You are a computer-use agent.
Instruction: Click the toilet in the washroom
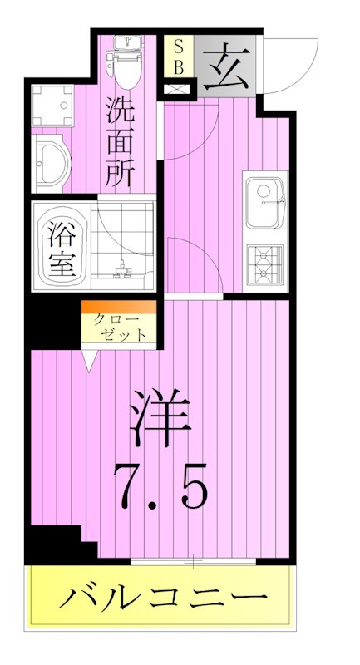click(x=127, y=62)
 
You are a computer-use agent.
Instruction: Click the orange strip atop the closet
click(x=119, y=307)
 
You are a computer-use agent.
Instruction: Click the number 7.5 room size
click(x=160, y=485)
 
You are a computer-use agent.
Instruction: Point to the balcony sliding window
click(x=193, y=564)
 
